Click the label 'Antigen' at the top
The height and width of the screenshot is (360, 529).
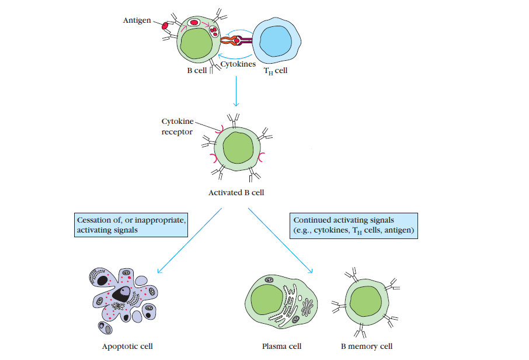pyautogui.click(x=137, y=20)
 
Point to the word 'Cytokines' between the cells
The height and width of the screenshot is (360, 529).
pyautogui.click(x=238, y=64)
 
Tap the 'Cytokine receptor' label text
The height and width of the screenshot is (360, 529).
pyautogui.click(x=177, y=126)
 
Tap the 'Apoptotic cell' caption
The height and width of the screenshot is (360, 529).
pyautogui.click(x=127, y=346)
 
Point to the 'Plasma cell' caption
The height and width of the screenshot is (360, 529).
pyautogui.click(x=281, y=346)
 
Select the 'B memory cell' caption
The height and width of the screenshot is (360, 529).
pyautogui.click(x=367, y=346)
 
